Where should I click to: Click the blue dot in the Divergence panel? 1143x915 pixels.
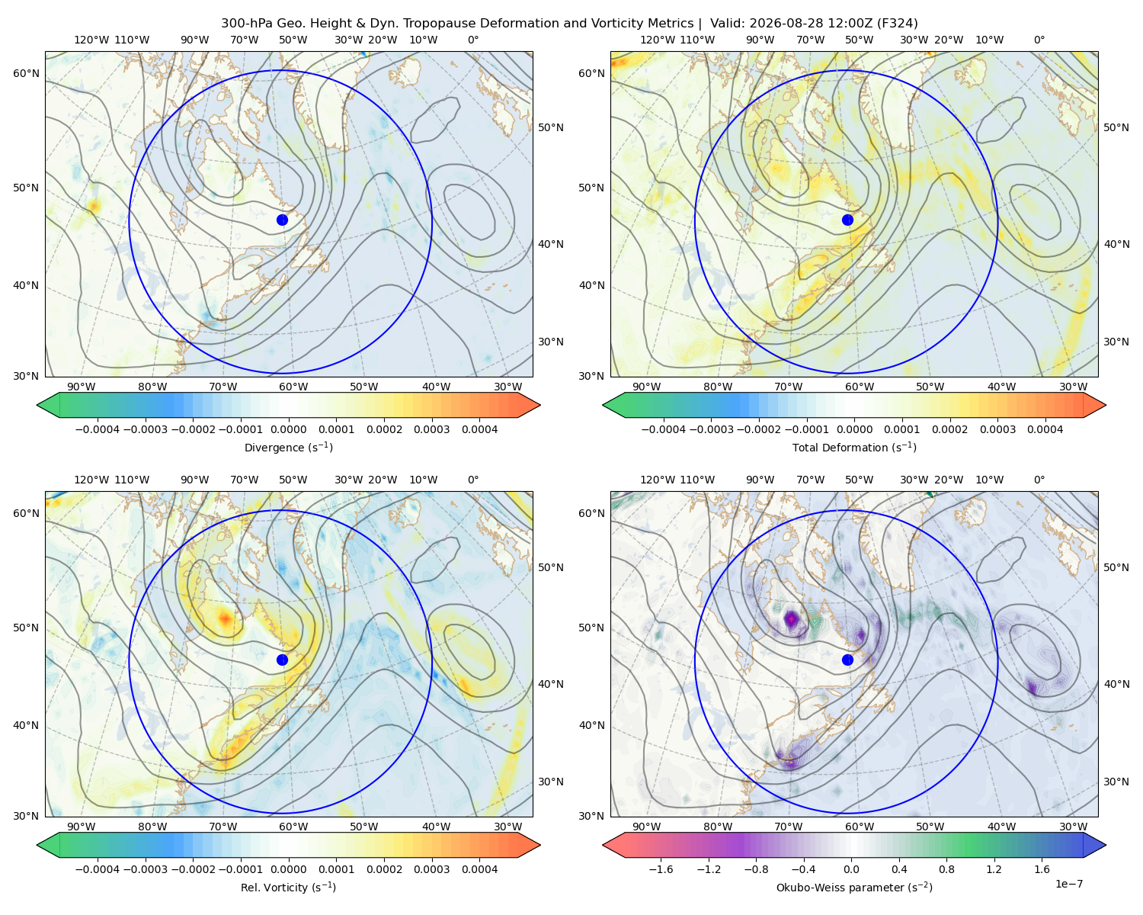click(282, 220)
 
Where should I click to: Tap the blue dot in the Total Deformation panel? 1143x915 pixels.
click(847, 220)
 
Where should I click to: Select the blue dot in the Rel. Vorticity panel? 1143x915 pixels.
click(282, 660)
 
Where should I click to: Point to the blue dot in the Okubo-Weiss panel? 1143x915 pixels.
click(847, 660)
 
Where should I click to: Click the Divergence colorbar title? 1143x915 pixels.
click(288, 447)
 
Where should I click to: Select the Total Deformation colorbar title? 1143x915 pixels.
click(854, 447)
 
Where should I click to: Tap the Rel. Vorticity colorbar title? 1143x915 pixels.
click(288, 887)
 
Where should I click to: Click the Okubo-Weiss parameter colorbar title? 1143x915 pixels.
click(854, 887)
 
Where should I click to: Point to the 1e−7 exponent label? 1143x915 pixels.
click(1068, 884)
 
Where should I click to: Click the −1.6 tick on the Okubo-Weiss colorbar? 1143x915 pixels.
click(661, 869)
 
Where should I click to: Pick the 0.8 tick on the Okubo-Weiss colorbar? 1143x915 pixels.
click(946, 869)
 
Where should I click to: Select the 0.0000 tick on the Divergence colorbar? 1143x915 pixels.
click(288, 429)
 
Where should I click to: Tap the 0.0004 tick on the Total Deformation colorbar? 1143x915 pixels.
click(1045, 429)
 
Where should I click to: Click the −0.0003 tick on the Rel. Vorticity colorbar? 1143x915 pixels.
click(145, 869)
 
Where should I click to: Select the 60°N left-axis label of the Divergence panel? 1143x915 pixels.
click(26, 73)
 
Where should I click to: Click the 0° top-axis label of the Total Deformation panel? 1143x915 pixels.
click(1039, 40)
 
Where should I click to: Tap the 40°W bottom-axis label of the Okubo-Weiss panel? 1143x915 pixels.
click(1002, 827)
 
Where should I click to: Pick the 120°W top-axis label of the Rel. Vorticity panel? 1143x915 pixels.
click(91, 480)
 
